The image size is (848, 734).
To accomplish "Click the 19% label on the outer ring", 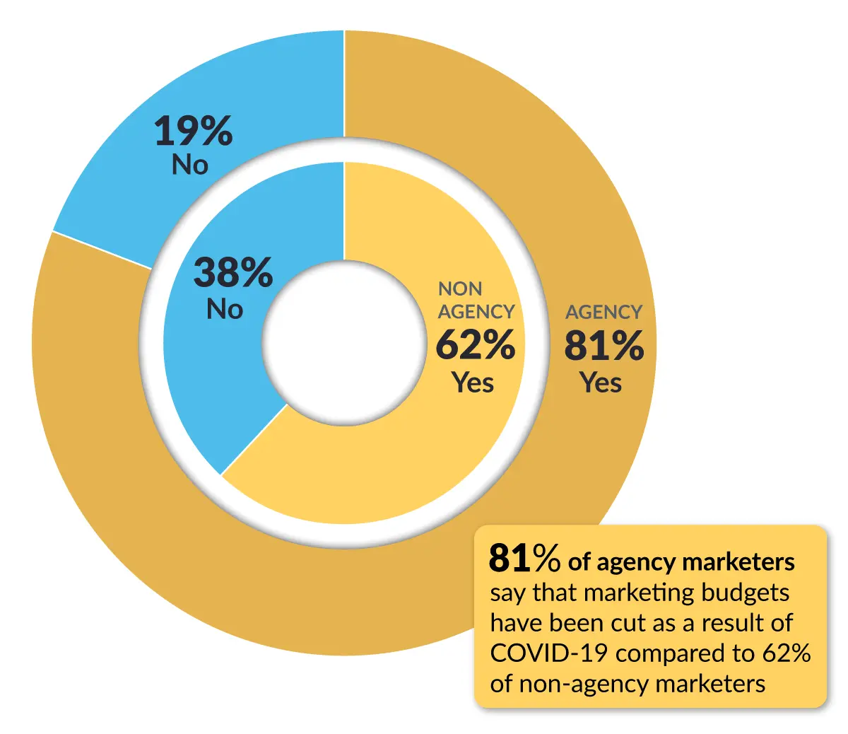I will [194, 132].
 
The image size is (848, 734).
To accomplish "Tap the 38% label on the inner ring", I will [233, 272].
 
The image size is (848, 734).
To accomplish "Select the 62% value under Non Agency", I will [476, 345].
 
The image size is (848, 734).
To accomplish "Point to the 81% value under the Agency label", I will [604, 346].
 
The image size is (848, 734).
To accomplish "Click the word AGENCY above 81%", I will [604, 312].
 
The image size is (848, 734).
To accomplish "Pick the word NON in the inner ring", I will [460, 289].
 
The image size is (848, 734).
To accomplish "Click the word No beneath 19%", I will [190, 165].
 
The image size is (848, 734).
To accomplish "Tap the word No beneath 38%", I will [225, 309].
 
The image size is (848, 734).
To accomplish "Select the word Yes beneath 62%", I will [473, 383].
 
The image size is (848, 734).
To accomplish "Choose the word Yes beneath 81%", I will [601, 383].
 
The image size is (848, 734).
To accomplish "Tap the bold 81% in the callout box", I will [525, 559].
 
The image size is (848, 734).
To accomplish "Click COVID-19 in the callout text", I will [548, 653].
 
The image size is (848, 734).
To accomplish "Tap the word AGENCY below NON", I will [476, 312].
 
